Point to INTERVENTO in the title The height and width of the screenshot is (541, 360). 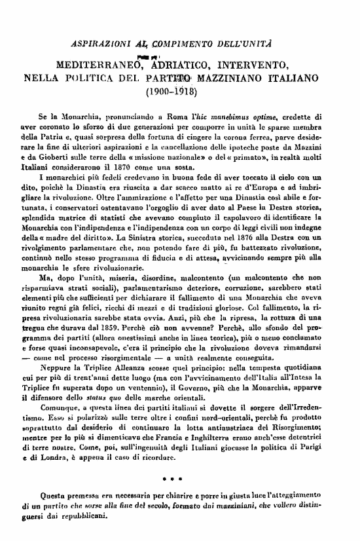point(256,66)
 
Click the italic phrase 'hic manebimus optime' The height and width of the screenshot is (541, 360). point(230,113)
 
